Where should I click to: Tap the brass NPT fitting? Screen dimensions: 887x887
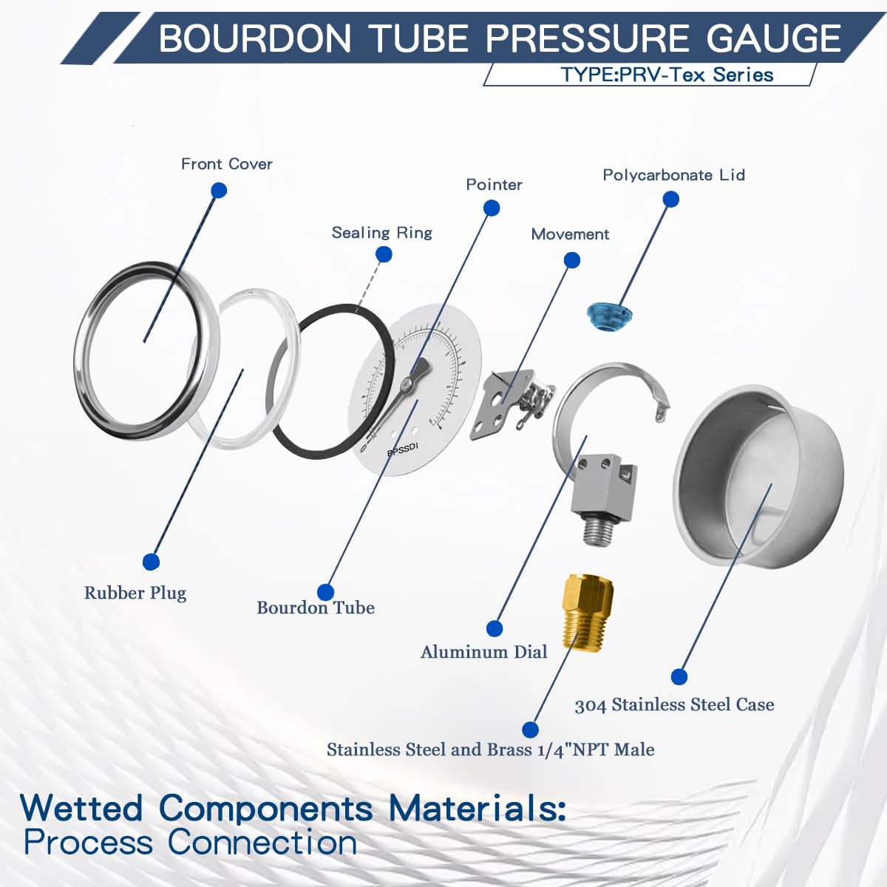(588, 610)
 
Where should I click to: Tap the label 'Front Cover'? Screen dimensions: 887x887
(226, 164)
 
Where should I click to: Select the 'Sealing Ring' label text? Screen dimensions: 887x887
(381, 233)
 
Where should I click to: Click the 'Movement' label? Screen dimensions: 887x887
(570, 234)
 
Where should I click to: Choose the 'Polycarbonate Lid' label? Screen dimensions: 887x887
(673, 175)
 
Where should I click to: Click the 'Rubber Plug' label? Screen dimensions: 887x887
(135, 593)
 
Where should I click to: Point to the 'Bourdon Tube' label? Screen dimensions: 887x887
(316, 608)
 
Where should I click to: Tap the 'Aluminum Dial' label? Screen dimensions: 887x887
(484, 652)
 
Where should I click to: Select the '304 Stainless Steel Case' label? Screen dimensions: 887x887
(674, 705)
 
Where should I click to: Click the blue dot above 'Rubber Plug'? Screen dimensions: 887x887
(151, 562)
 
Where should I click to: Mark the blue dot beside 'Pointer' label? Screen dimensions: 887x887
(492, 208)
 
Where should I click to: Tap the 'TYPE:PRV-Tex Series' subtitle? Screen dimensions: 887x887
(667, 75)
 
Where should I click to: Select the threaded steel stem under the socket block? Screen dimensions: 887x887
(596, 531)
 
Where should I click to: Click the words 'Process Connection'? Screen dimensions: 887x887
(190, 843)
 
